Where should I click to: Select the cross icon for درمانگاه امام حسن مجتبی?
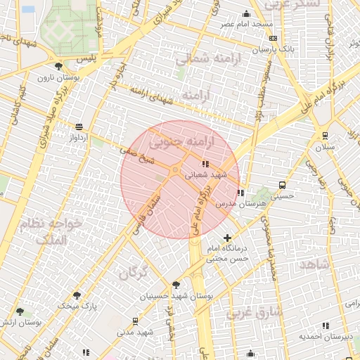pos(226,238)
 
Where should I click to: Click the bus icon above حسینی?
pos(282,186)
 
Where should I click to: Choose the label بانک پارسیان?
pos(274,50)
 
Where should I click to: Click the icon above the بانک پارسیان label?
pos(273,38)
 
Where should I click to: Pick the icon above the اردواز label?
pos(79,127)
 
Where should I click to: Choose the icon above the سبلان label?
pos(325,136)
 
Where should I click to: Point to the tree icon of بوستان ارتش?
pos(20,311)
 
